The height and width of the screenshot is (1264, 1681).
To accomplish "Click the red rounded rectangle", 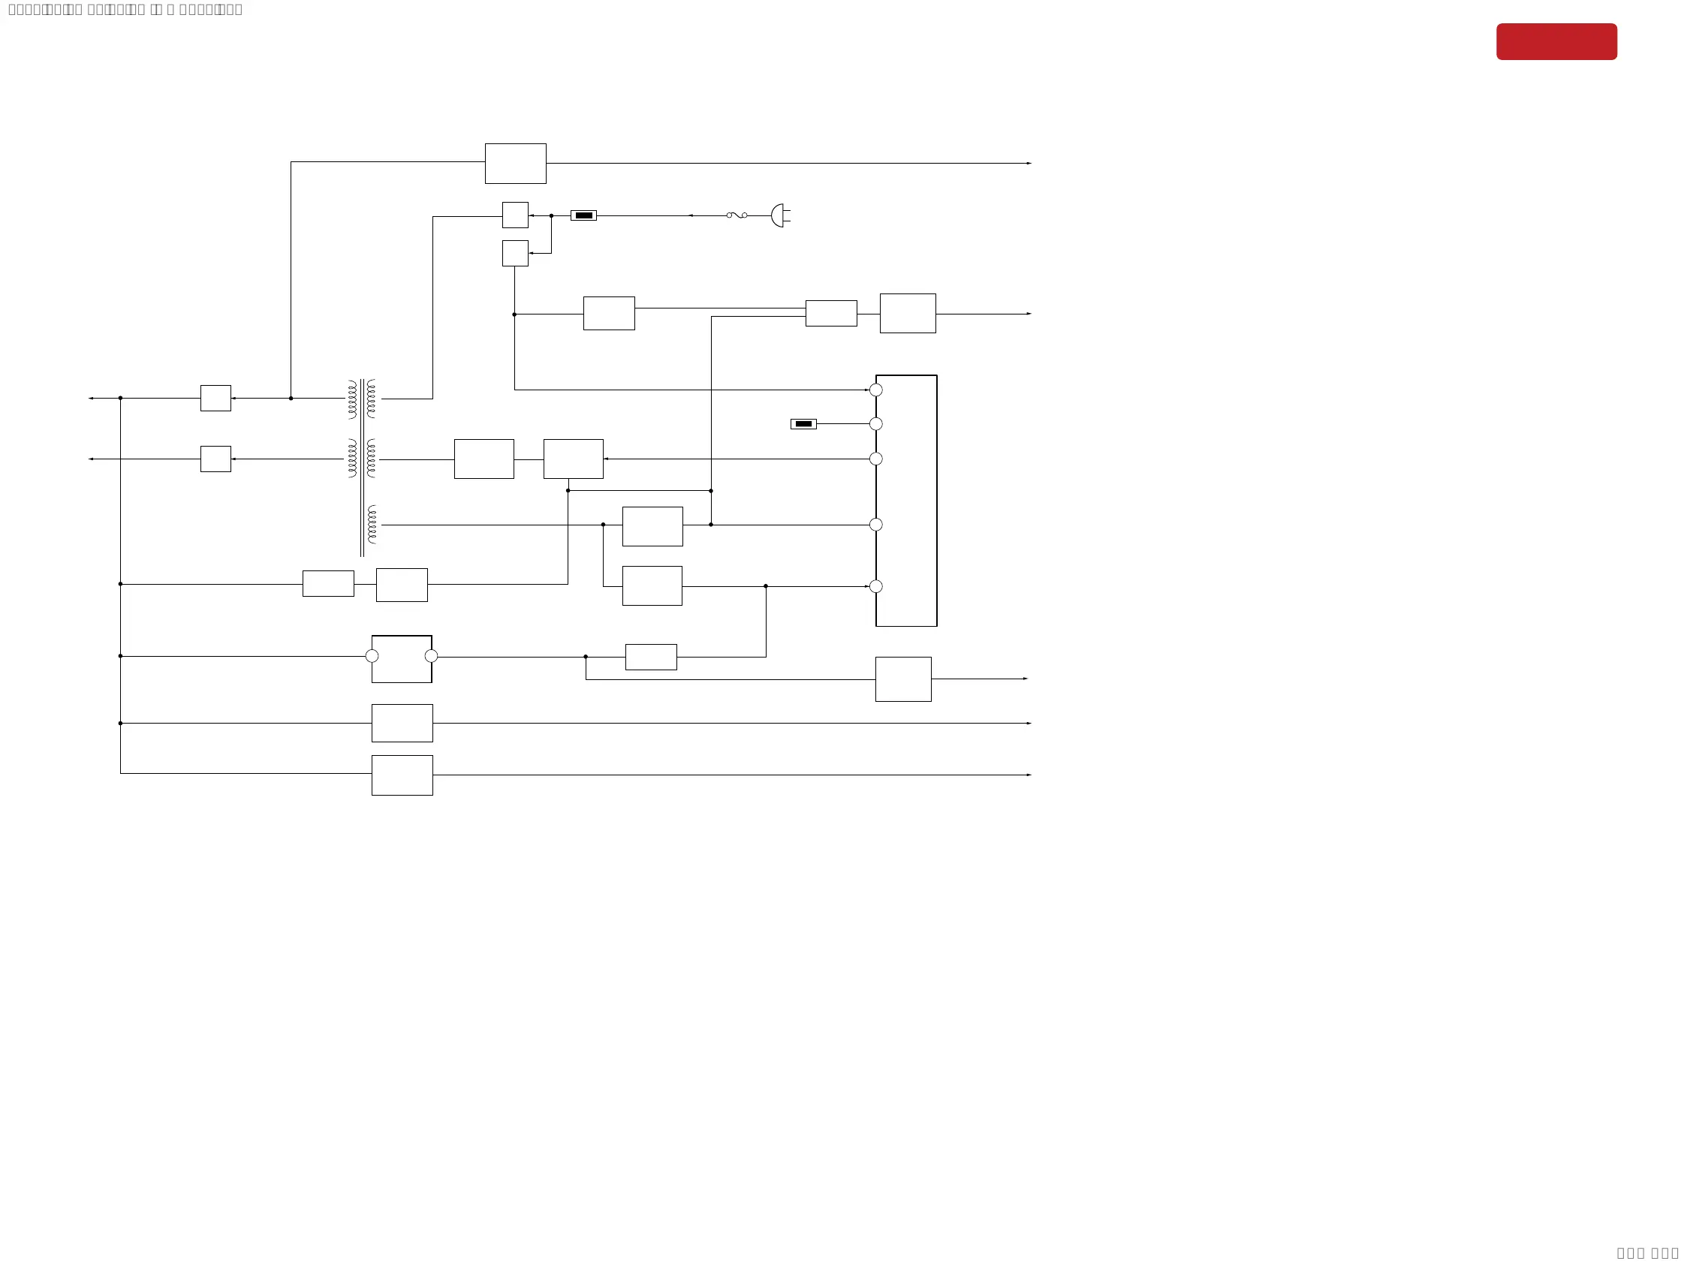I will click(1556, 42).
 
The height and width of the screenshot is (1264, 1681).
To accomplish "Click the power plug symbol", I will click(779, 215).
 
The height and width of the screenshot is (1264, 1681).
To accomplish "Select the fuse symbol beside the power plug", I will click(737, 215).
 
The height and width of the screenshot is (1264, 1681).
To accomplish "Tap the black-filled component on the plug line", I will click(583, 215).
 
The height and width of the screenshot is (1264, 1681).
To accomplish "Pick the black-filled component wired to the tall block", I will click(803, 424).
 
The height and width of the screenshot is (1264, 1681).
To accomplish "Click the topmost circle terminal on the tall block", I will click(875, 390).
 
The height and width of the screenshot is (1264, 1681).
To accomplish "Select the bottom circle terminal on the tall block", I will click(875, 586).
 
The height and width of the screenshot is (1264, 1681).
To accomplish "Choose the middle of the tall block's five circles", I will click(875, 459).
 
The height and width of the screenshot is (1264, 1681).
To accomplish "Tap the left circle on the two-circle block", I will click(372, 656).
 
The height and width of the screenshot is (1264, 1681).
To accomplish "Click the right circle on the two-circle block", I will click(431, 656).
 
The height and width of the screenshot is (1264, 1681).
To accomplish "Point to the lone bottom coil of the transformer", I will click(372, 525).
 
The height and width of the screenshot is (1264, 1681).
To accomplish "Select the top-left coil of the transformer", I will click(353, 399).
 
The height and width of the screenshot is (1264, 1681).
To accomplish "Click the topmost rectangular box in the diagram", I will click(515, 164).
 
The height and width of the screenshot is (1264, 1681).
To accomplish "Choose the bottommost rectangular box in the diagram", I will click(402, 775).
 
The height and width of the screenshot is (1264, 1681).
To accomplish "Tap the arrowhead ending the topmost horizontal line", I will click(1029, 164).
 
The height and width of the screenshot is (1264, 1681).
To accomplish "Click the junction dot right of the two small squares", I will click(551, 215).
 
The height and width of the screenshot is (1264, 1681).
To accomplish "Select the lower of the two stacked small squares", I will click(515, 254).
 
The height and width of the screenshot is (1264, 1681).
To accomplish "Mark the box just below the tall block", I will click(903, 679).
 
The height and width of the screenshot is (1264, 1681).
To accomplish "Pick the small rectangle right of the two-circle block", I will click(650, 657).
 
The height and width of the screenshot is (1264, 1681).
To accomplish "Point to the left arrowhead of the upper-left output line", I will click(91, 398).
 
